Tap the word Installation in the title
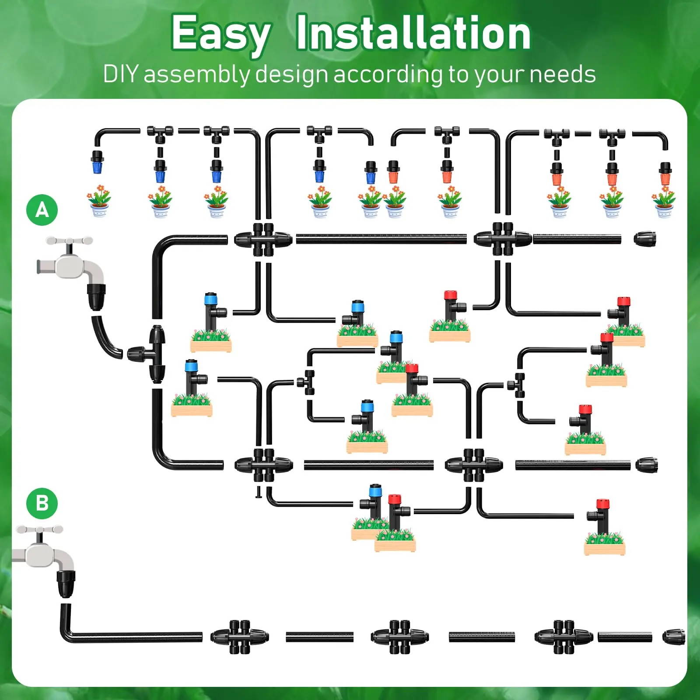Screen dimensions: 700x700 click(x=413, y=33)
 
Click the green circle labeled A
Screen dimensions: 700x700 click(x=42, y=210)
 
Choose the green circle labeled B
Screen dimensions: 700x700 click(x=42, y=503)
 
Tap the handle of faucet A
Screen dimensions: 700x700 click(x=69, y=241)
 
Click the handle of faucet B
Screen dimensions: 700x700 click(x=39, y=530)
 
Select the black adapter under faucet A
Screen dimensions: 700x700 click(x=97, y=296)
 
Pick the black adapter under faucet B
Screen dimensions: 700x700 click(x=66, y=583)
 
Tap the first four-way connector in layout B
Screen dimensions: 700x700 click(x=239, y=637)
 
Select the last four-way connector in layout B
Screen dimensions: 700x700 click(x=563, y=637)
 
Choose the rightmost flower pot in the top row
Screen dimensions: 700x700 click(x=664, y=202)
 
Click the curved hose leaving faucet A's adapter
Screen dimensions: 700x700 click(x=105, y=337)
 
